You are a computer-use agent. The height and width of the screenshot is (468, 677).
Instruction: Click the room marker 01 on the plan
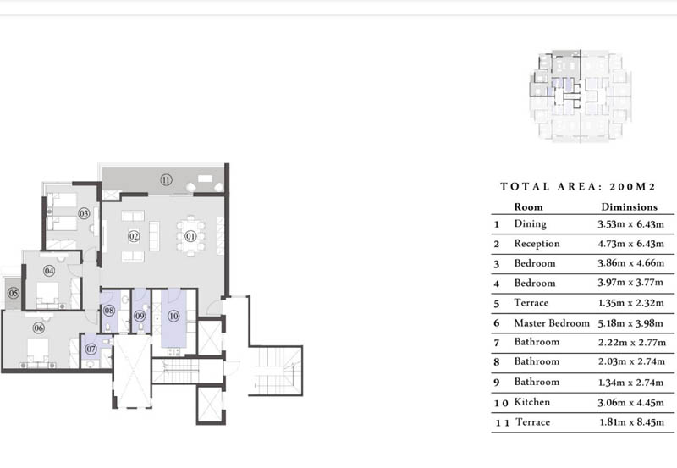[190, 236]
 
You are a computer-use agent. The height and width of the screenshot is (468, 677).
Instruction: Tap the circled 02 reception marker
[133, 236]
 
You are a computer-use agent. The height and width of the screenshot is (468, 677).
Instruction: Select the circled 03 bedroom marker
[84, 214]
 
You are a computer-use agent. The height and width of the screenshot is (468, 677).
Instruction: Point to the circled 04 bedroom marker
[49, 272]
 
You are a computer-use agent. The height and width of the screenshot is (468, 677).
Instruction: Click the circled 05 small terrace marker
[14, 293]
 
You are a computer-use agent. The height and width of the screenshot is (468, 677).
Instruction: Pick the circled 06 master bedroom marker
[39, 328]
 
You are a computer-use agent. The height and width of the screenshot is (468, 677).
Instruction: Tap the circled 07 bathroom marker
[91, 348]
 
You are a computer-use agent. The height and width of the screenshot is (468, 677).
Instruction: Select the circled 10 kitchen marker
[173, 317]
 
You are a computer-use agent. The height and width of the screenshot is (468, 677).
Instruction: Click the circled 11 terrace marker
[166, 180]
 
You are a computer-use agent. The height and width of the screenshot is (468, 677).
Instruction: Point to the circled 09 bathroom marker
[140, 318]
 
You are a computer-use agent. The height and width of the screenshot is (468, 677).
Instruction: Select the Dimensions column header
[629, 206]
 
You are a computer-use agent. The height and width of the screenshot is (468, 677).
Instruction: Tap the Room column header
[529, 206]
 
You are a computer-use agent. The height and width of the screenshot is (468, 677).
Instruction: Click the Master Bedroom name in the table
[552, 323]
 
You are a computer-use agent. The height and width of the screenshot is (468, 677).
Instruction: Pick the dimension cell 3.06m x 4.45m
[629, 402]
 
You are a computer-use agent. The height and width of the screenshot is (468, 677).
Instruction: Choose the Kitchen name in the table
[533, 402]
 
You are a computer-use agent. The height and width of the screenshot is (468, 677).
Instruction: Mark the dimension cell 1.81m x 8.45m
[629, 422]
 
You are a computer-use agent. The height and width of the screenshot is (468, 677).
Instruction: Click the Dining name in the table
[531, 224]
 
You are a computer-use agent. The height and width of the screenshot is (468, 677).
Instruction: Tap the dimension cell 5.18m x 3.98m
[629, 323]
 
